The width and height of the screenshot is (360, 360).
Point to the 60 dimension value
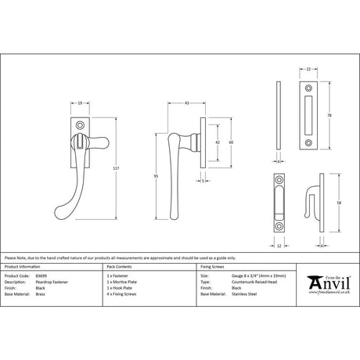tap(231, 143)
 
